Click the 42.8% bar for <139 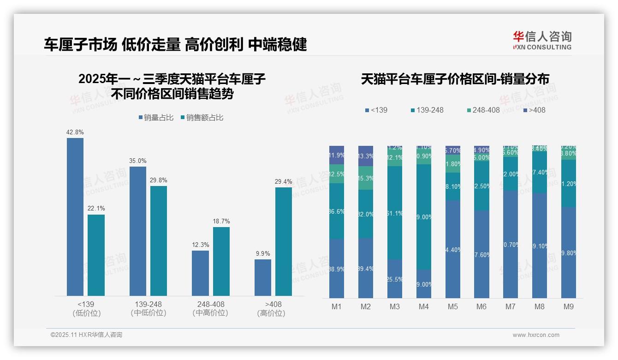click(x=75, y=217)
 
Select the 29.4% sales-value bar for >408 click(x=284, y=241)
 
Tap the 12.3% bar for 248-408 click(x=200, y=273)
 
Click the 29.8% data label click(x=158, y=180)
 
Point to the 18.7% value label click(x=221, y=221)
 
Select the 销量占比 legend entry click(x=156, y=118)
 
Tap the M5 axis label click(x=453, y=307)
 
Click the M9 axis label click(x=569, y=307)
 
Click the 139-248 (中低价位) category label click(x=148, y=308)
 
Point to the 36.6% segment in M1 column click(x=337, y=211)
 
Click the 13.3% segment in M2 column click(x=366, y=156)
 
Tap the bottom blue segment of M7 click(x=511, y=245)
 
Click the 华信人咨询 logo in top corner click(x=542, y=40)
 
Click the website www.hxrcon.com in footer click(x=536, y=335)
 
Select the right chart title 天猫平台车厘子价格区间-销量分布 click(x=455, y=79)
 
